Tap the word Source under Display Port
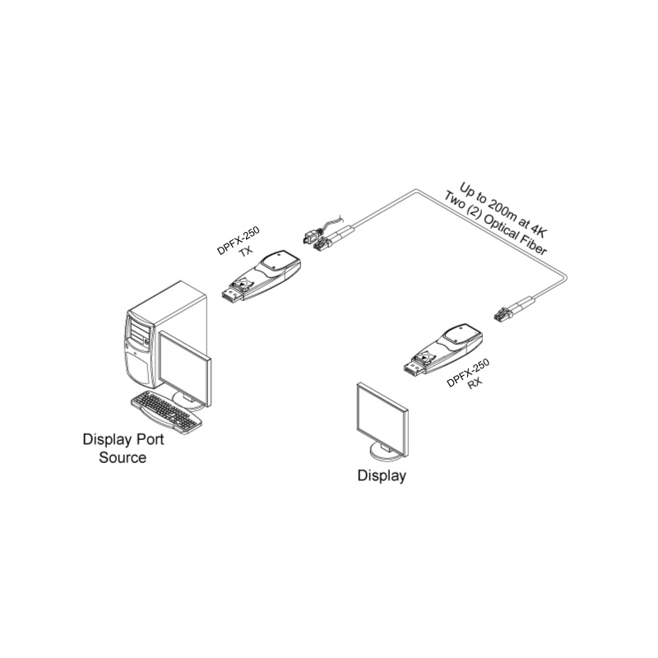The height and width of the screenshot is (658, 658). click(x=123, y=457)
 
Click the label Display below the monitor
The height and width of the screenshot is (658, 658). click(x=381, y=475)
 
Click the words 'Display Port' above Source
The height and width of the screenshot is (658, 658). click(x=123, y=439)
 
